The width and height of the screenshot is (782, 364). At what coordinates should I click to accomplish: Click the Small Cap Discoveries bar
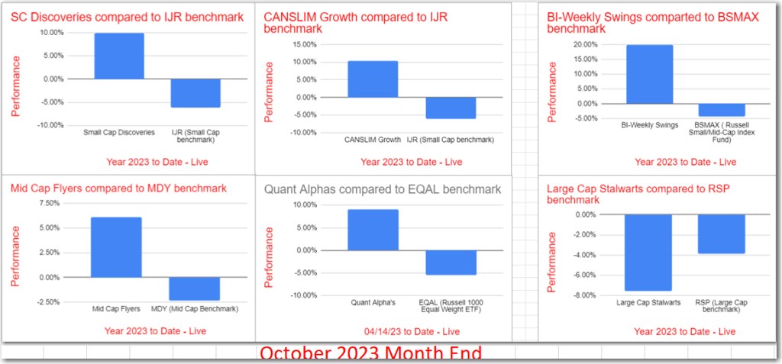click(119, 56)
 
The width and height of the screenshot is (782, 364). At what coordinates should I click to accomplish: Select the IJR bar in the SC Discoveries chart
click(196, 93)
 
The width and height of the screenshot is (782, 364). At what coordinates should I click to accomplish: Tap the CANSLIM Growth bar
click(373, 79)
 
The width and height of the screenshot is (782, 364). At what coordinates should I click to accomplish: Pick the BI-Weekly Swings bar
click(650, 74)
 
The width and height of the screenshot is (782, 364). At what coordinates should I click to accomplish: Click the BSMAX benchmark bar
click(722, 110)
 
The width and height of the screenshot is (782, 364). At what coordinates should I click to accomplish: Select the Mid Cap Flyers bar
click(116, 247)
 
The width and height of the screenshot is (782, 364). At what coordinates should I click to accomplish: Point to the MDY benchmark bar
click(194, 288)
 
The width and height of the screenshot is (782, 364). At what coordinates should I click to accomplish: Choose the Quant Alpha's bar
click(373, 230)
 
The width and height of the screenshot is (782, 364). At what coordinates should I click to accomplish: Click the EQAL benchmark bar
click(451, 263)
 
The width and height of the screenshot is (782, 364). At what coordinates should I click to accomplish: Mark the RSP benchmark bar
click(721, 234)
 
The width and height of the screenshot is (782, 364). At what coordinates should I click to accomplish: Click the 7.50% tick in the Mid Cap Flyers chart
click(47, 203)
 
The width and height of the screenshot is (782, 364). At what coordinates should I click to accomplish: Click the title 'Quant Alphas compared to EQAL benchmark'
click(383, 189)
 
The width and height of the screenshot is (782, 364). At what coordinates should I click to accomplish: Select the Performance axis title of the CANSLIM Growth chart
click(269, 92)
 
